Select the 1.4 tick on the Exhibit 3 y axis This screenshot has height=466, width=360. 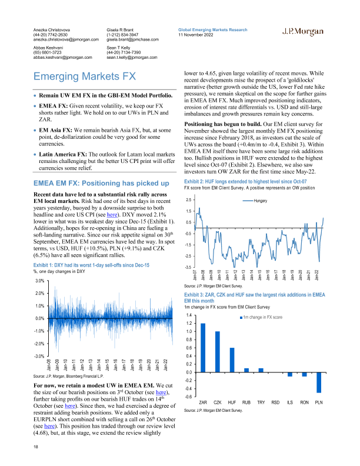coord(189,315)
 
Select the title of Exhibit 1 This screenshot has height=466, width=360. coord(91,265)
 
